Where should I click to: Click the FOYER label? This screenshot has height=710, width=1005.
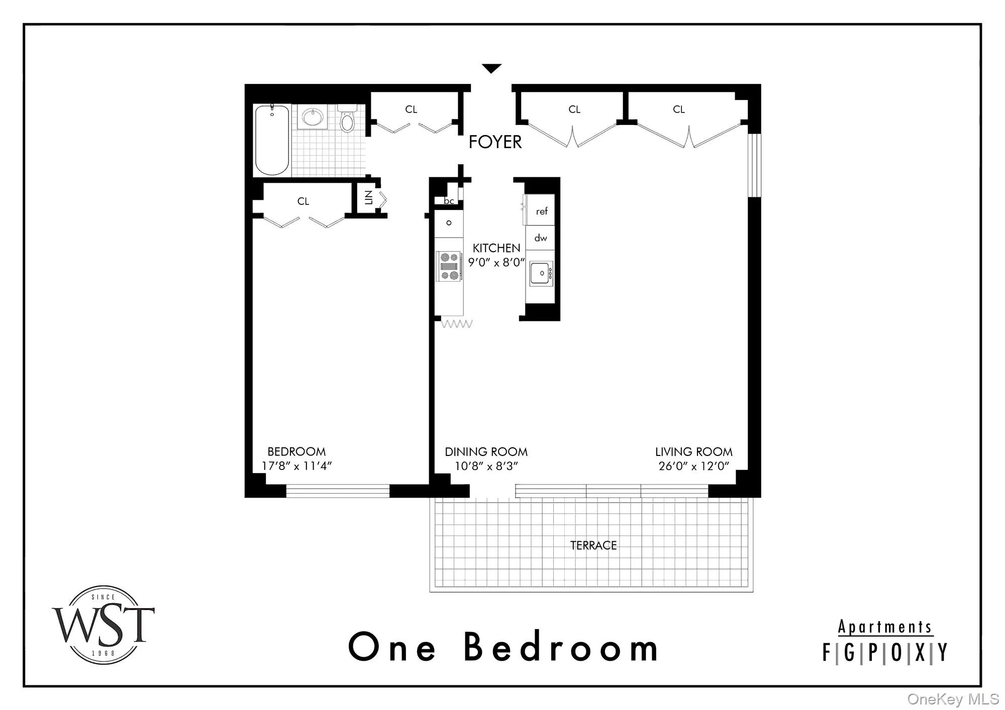(x=495, y=142)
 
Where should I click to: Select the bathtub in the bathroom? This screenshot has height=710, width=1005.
(x=272, y=140)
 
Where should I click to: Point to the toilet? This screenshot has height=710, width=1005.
(x=347, y=119)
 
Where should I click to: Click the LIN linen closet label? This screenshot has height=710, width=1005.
(x=369, y=198)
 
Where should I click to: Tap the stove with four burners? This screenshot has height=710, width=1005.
(x=449, y=266)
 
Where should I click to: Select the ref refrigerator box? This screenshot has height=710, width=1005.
(x=541, y=211)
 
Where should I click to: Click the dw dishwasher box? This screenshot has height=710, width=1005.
(x=541, y=238)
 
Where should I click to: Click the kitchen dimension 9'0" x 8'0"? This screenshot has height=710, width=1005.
(x=496, y=263)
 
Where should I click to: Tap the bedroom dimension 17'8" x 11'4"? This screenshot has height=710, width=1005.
(x=296, y=466)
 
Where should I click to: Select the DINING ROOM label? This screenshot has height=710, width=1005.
(x=486, y=452)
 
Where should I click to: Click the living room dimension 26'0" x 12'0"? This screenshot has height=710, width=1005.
(x=693, y=466)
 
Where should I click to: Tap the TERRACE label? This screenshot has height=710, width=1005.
(x=593, y=545)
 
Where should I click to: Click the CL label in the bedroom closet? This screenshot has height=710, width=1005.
(x=303, y=201)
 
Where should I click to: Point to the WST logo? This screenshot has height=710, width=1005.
(x=104, y=625)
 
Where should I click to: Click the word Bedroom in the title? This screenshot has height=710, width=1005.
(x=560, y=647)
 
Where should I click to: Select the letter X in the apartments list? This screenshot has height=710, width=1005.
(x=920, y=653)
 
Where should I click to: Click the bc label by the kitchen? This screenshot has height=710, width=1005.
(x=449, y=201)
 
